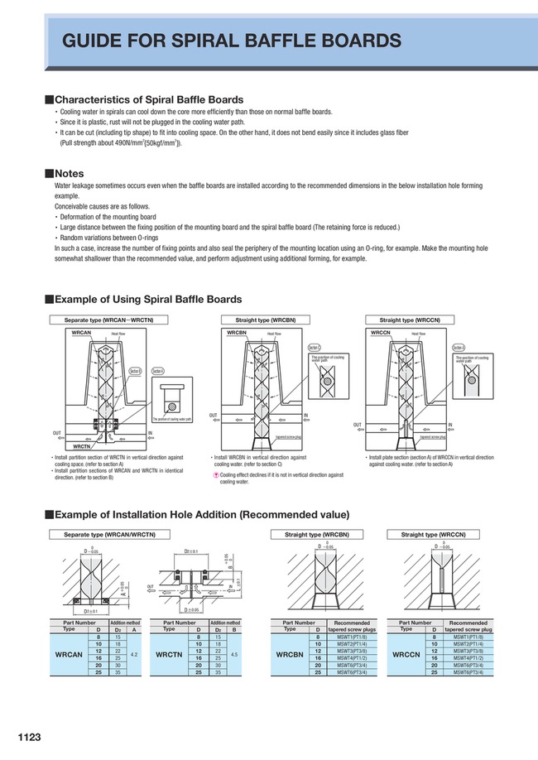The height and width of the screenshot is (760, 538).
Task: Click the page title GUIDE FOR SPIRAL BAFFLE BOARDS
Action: coord(233,41)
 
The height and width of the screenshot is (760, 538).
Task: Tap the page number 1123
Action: coord(30,738)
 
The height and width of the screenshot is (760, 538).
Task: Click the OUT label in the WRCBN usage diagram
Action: coord(213,415)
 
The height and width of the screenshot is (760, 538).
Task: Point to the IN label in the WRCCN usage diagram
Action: coord(450,425)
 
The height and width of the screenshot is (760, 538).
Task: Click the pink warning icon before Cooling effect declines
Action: coord(216,475)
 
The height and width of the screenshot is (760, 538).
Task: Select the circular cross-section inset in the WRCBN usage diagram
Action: coord(329,382)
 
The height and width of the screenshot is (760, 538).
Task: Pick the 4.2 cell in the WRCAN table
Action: coord(134,653)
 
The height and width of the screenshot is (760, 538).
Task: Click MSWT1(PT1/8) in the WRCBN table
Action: coord(347,635)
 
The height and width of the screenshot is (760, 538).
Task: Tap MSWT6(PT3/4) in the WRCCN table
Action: coord(468,672)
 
